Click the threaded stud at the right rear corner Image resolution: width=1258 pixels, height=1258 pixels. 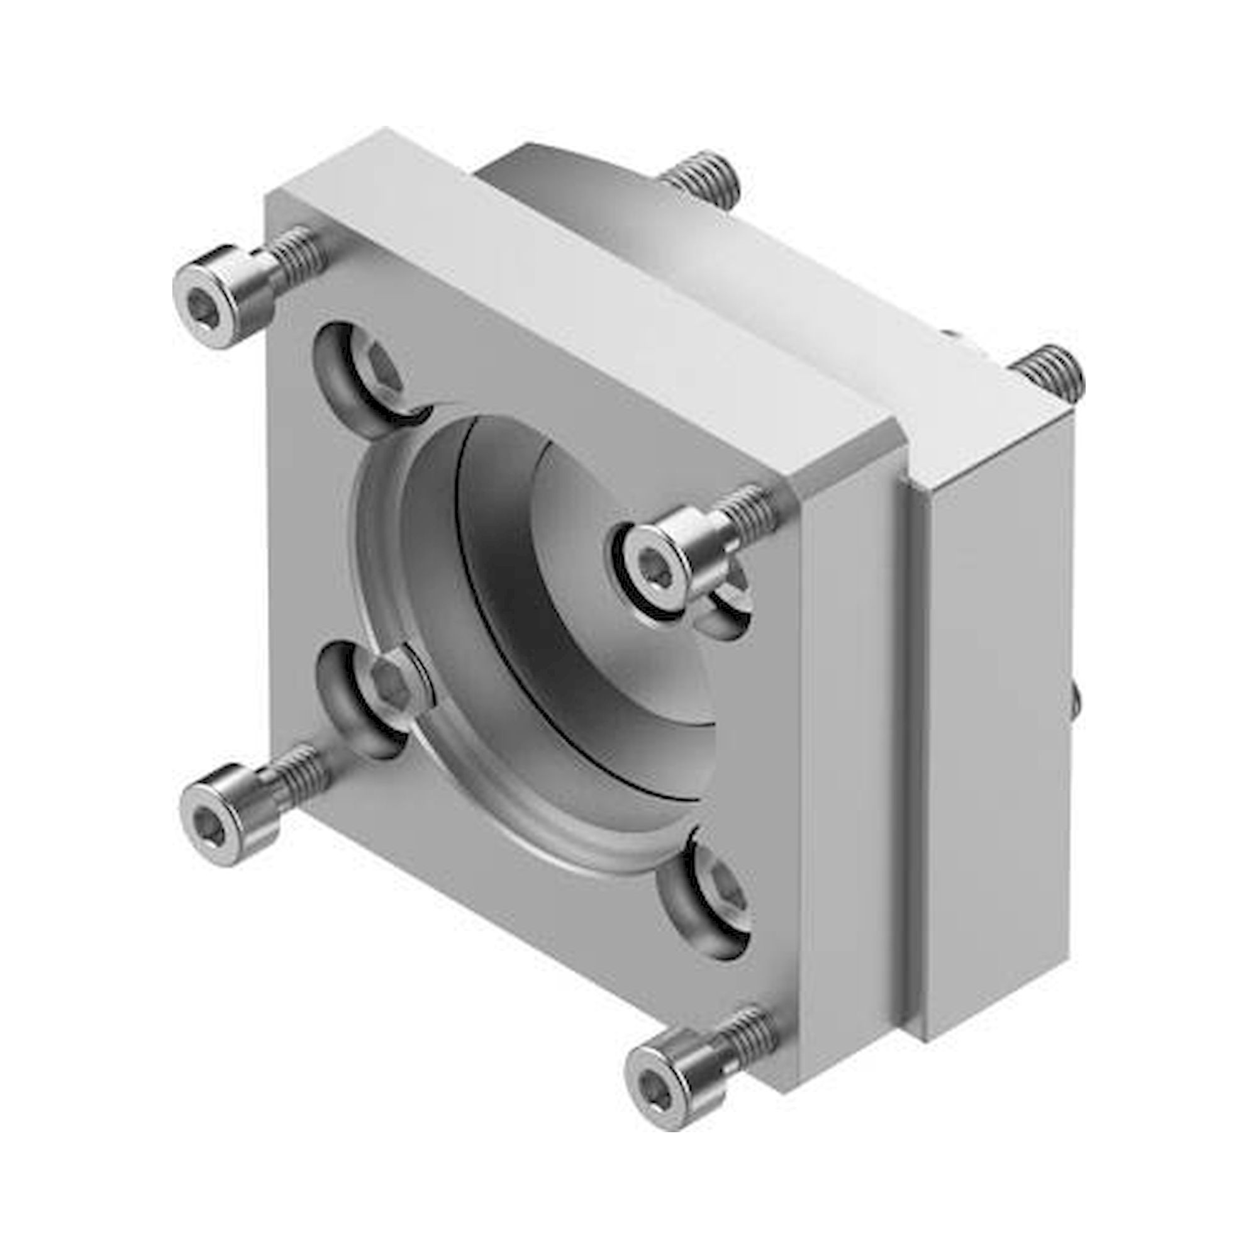(1050, 372)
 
